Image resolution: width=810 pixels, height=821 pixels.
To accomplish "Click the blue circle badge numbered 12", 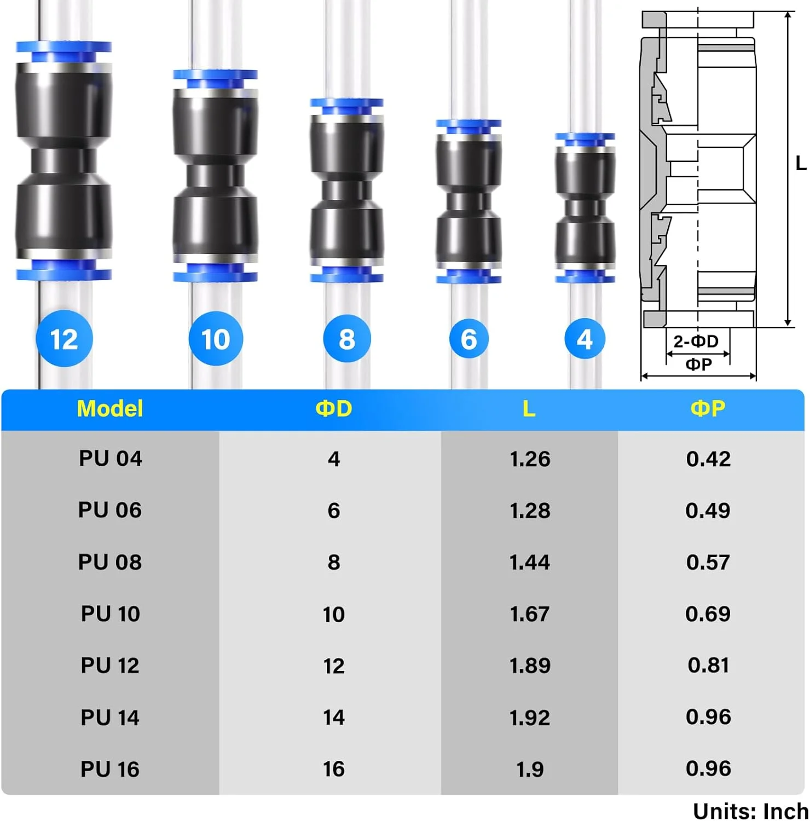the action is coord(64,339).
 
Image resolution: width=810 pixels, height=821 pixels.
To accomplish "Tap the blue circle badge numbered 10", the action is coord(216,339).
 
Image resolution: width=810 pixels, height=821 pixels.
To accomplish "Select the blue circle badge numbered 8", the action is coord(347,339).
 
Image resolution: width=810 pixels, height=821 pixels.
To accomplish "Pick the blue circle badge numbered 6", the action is coord(468,339).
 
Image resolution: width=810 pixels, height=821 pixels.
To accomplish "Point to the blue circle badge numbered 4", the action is coord(585,339).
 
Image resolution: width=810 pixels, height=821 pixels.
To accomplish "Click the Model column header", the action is coord(110,409).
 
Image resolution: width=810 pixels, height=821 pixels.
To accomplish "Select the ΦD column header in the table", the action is coord(334,409).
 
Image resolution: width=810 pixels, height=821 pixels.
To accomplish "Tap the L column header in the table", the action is coord(529,409).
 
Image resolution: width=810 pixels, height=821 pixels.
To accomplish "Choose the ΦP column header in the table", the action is coord(708,409).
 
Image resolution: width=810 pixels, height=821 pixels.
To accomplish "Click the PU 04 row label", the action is coord(111,458).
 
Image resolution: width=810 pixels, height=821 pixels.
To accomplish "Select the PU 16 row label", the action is coord(110,769).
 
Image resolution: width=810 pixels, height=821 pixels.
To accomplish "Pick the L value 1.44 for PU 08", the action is coord(530,562).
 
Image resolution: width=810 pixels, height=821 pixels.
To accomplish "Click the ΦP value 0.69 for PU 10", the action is coord(708,614).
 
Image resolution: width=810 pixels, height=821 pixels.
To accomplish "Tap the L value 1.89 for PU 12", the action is coord(530,666).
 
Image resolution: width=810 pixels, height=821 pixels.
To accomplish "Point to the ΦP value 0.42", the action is coord(708,459).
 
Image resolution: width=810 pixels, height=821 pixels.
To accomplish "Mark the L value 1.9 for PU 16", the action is coord(530,769).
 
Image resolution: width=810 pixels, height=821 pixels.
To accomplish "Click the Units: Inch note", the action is coord(751,811).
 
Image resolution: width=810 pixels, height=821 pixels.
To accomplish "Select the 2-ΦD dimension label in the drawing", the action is coord(696,342).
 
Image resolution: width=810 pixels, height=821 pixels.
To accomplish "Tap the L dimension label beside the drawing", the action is coord(801,163).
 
